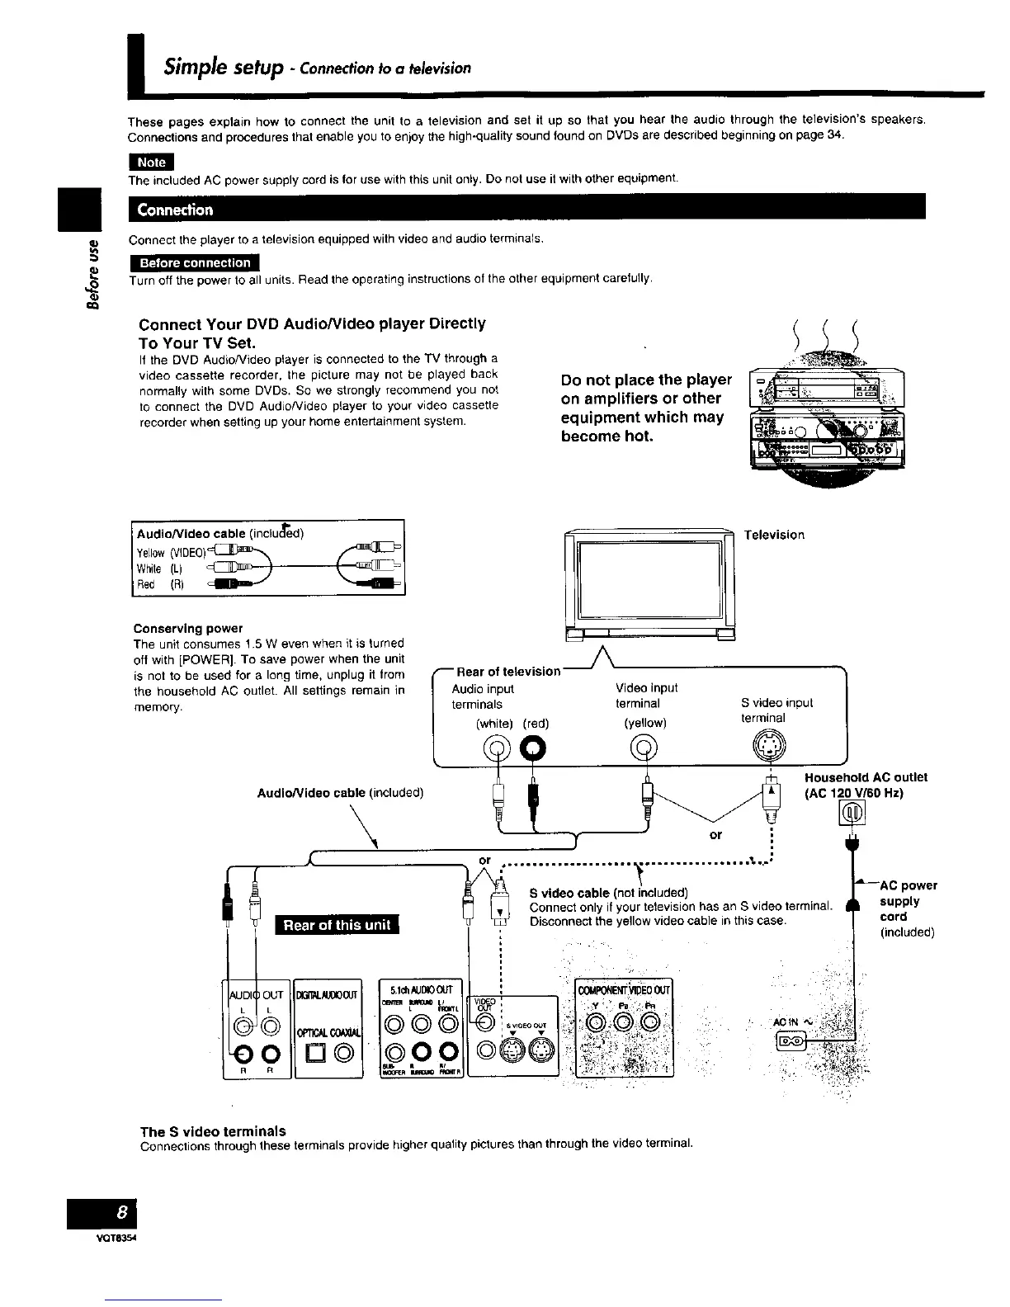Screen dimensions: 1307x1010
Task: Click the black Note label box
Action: pyautogui.click(x=151, y=162)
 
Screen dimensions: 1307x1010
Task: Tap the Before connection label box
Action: pyautogui.click(x=195, y=263)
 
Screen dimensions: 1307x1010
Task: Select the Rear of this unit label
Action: pyautogui.click(x=337, y=925)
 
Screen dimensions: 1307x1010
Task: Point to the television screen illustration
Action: pyautogui.click(x=649, y=579)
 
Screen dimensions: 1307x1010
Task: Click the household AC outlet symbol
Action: pyautogui.click(x=851, y=815)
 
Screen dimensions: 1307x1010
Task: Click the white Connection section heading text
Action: pyautogui.click(x=175, y=210)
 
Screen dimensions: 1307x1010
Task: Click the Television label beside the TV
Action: pyautogui.click(x=774, y=535)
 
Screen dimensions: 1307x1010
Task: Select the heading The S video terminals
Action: pyautogui.click(x=213, y=1131)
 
